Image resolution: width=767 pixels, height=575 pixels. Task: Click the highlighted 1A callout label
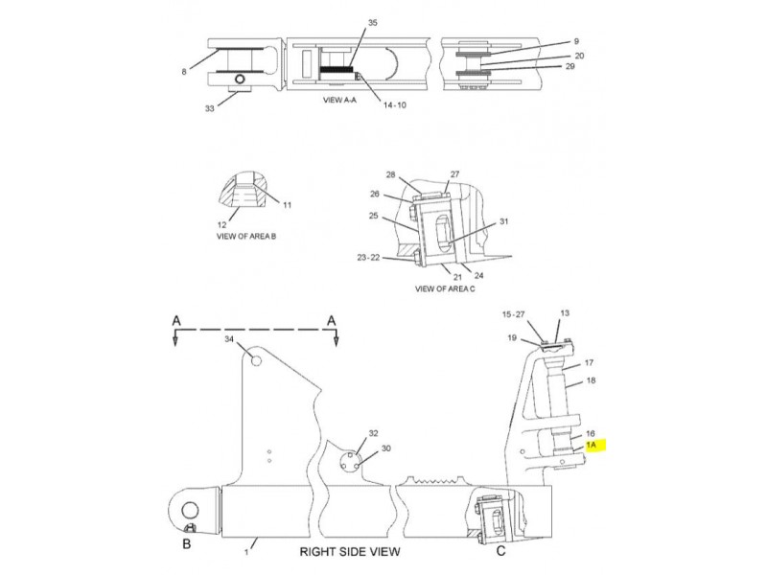point(591,445)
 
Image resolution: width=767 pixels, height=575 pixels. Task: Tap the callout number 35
point(372,22)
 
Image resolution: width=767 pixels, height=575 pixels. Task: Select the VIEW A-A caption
point(339,100)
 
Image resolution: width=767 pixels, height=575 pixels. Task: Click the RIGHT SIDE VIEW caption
point(350,552)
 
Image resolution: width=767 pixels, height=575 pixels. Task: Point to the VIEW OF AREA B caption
point(246,236)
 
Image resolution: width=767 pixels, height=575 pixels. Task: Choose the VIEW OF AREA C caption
point(445,288)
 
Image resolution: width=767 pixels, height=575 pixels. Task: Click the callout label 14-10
point(394,104)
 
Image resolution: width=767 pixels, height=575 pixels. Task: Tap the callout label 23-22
point(368,257)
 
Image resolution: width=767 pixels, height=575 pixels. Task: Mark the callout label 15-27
point(513,314)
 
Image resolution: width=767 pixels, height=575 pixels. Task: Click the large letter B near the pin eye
point(186,543)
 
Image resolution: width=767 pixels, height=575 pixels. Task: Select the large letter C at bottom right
point(500,551)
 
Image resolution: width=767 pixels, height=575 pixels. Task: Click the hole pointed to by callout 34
point(255,361)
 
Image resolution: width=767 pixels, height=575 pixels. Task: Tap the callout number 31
point(504,221)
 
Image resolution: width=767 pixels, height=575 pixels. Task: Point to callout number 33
point(209,108)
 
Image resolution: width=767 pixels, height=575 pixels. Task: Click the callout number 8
point(184,72)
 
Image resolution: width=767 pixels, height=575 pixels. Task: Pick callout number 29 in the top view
point(569,66)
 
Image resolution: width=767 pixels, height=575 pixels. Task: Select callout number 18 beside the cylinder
point(591,379)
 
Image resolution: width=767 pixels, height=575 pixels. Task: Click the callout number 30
point(386,448)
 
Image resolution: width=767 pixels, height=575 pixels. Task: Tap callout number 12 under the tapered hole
point(222,225)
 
